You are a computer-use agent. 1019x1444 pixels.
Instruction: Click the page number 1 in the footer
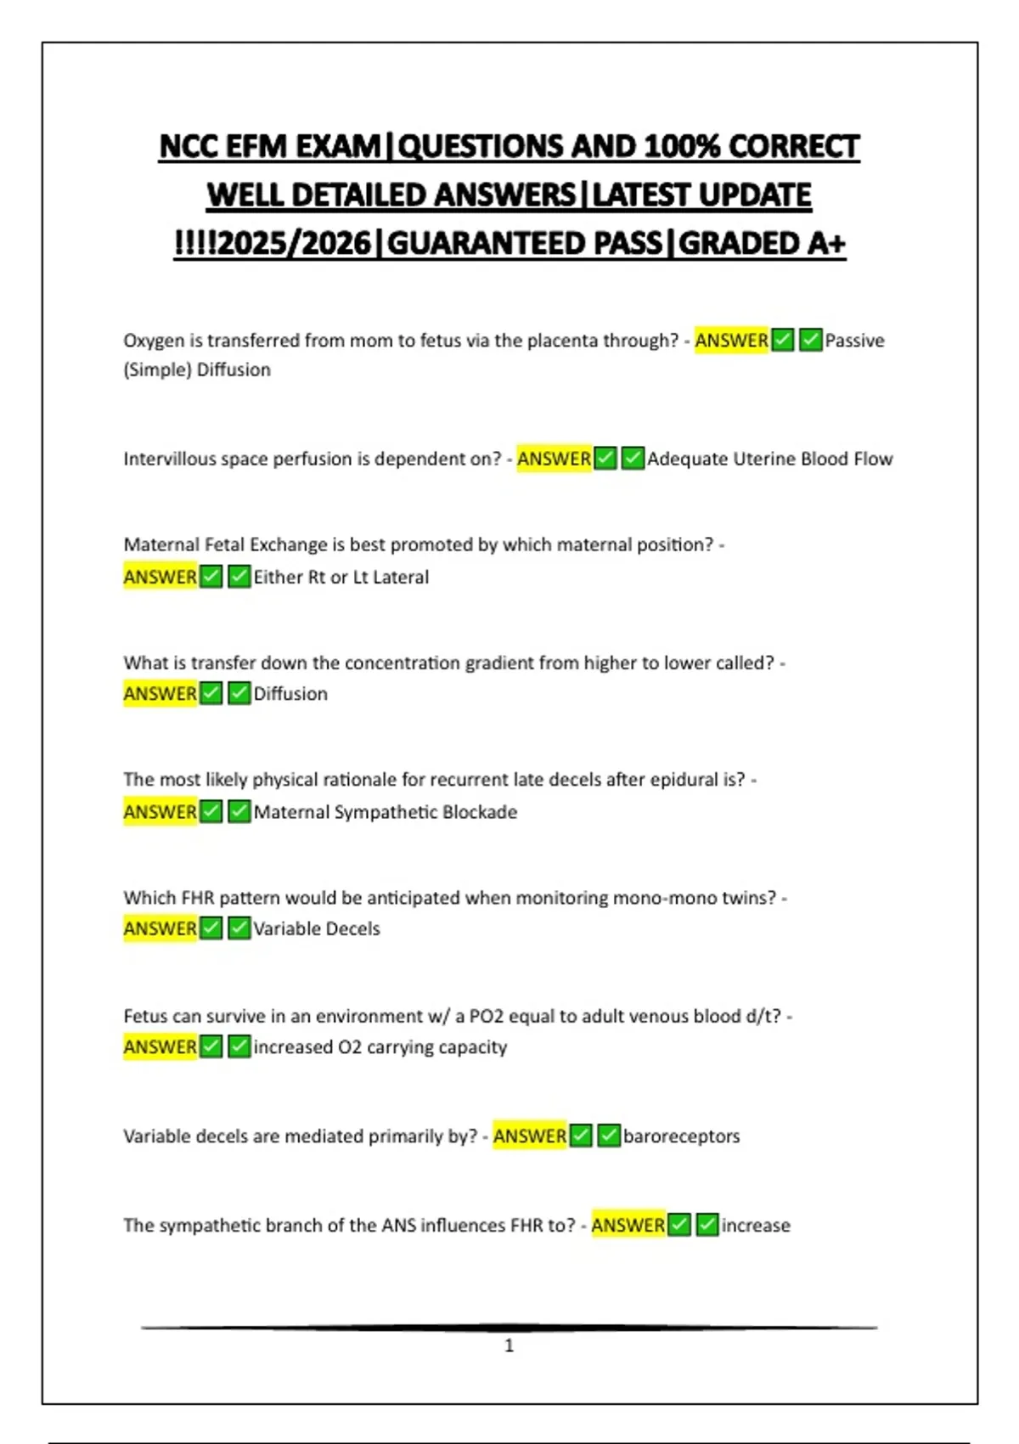(x=509, y=1345)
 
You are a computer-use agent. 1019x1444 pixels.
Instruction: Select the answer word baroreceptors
(x=681, y=1137)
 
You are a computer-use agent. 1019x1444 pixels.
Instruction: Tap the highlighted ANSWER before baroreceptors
(x=529, y=1137)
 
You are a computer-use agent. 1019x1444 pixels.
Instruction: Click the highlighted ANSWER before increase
(x=628, y=1226)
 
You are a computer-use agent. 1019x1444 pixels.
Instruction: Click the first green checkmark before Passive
(x=783, y=341)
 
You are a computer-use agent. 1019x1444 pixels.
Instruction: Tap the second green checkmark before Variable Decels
(x=239, y=928)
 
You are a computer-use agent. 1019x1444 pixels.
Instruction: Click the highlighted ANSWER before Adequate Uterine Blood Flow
(x=554, y=459)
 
